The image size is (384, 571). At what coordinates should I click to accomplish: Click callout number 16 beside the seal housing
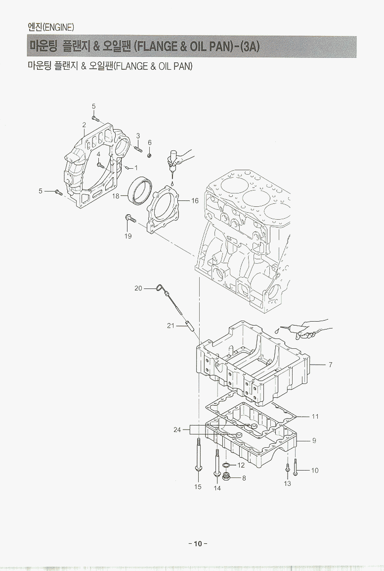(195, 201)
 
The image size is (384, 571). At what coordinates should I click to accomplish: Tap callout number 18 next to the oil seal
(116, 196)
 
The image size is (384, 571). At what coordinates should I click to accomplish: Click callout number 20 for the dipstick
(138, 288)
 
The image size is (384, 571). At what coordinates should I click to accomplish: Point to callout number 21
(171, 326)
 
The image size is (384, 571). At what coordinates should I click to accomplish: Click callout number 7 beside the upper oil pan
(330, 365)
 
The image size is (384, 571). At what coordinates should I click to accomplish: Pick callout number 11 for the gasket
(315, 417)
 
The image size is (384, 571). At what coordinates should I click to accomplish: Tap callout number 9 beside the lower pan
(314, 440)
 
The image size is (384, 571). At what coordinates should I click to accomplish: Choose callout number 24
(177, 430)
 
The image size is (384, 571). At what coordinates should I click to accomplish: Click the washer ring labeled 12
(226, 466)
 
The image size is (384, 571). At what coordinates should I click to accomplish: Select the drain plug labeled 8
(226, 477)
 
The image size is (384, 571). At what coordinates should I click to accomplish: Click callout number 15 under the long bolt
(198, 487)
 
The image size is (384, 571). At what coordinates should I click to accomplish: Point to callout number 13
(288, 483)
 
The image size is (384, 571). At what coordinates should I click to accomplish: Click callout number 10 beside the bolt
(315, 471)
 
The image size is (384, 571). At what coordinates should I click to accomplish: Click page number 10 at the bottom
(198, 544)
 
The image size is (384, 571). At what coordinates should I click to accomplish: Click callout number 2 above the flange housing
(84, 124)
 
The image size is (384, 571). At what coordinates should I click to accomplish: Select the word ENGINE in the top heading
(59, 26)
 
